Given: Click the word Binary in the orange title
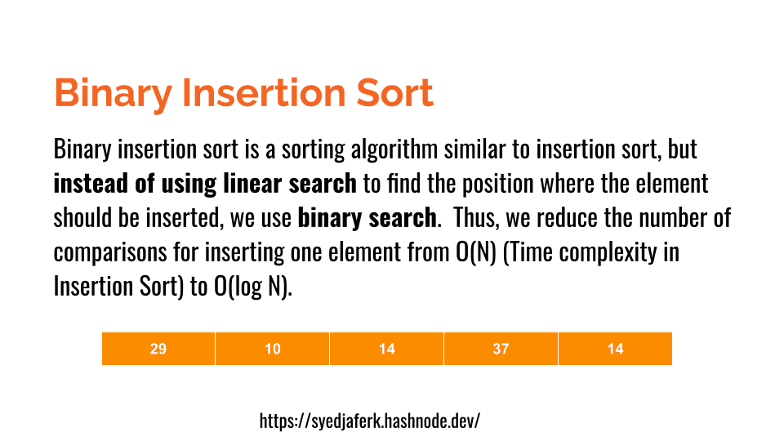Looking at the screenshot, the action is click(x=113, y=93).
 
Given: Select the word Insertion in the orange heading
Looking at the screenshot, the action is click(x=264, y=92).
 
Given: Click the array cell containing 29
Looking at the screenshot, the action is click(x=158, y=349).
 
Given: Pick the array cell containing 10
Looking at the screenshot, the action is click(x=273, y=349).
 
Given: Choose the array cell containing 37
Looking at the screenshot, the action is click(x=501, y=349).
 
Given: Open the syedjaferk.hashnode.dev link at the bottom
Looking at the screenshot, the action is click(x=369, y=421).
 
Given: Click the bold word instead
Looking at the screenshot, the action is click(x=91, y=183).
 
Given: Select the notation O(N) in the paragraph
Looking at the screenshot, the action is click(x=475, y=252).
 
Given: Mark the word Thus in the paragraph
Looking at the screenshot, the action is click(x=476, y=218).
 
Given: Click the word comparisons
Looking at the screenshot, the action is click(x=110, y=253).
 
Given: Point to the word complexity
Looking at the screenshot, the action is click(x=608, y=253).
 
